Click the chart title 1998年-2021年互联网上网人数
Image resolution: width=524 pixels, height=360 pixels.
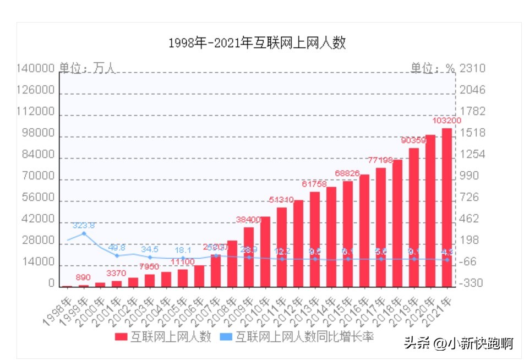[257, 43]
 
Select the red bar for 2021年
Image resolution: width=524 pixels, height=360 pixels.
[447, 207]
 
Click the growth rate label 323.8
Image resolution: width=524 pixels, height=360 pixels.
[84, 226]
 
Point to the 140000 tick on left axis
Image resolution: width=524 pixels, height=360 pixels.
[36, 68]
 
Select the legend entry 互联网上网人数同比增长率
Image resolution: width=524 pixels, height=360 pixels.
[304, 337]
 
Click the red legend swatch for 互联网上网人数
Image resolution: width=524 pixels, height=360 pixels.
[121, 337]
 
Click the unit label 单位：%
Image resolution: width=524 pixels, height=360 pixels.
[433, 68]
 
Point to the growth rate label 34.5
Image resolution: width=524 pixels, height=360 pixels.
[150, 249]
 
